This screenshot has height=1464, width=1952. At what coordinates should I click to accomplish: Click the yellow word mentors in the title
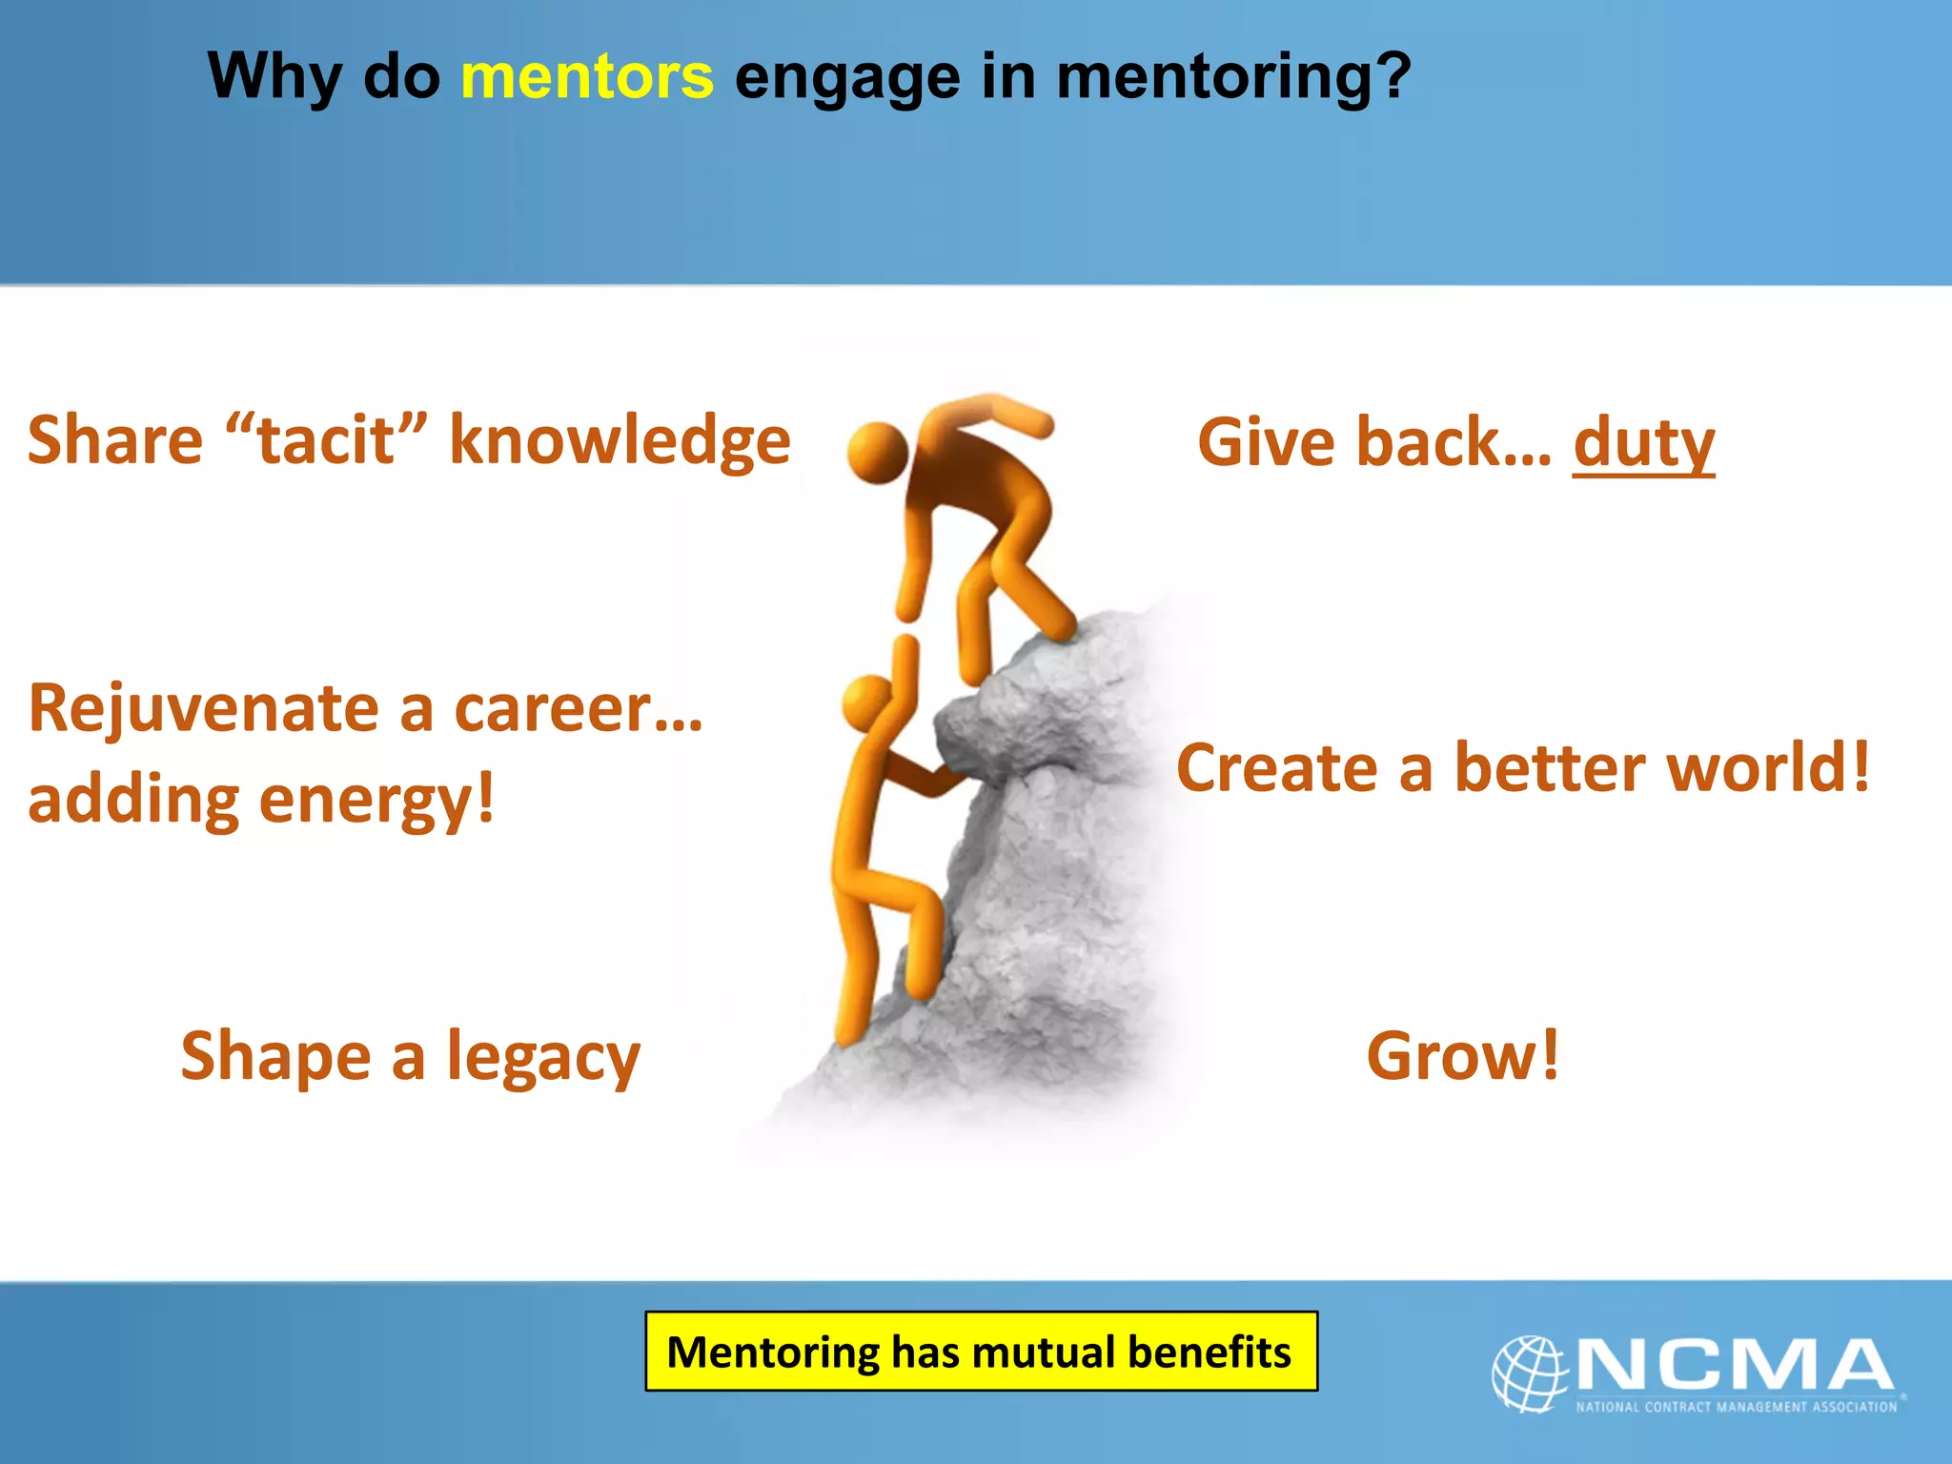pyautogui.click(x=586, y=76)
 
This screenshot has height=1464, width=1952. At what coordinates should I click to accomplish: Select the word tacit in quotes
pyautogui.click(x=326, y=440)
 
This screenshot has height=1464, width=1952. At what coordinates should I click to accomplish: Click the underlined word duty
pyautogui.click(x=1643, y=444)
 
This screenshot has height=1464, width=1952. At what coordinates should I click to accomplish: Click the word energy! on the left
pyautogui.click(x=376, y=801)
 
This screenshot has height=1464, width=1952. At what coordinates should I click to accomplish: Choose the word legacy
pyautogui.click(x=543, y=1058)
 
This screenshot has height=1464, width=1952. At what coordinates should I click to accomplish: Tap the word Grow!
pyautogui.click(x=1463, y=1056)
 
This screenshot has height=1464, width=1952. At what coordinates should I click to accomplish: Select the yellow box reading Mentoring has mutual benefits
pyautogui.click(x=981, y=1352)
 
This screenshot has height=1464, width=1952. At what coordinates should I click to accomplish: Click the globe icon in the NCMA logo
pyautogui.click(x=1529, y=1372)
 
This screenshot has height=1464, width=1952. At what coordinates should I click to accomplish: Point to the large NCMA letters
pyautogui.click(x=1735, y=1365)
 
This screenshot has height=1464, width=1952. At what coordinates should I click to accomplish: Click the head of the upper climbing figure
pyautogui.click(x=877, y=452)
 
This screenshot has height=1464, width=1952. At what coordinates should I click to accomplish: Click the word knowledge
pyautogui.click(x=620, y=440)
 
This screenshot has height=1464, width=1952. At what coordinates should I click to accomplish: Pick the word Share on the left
pyautogui.click(x=115, y=440)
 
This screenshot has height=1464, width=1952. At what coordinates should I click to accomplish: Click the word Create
pyautogui.click(x=1277, y=768)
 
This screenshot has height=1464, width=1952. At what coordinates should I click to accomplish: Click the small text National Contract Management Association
pyautogui.click(x=1736, y=1407)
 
